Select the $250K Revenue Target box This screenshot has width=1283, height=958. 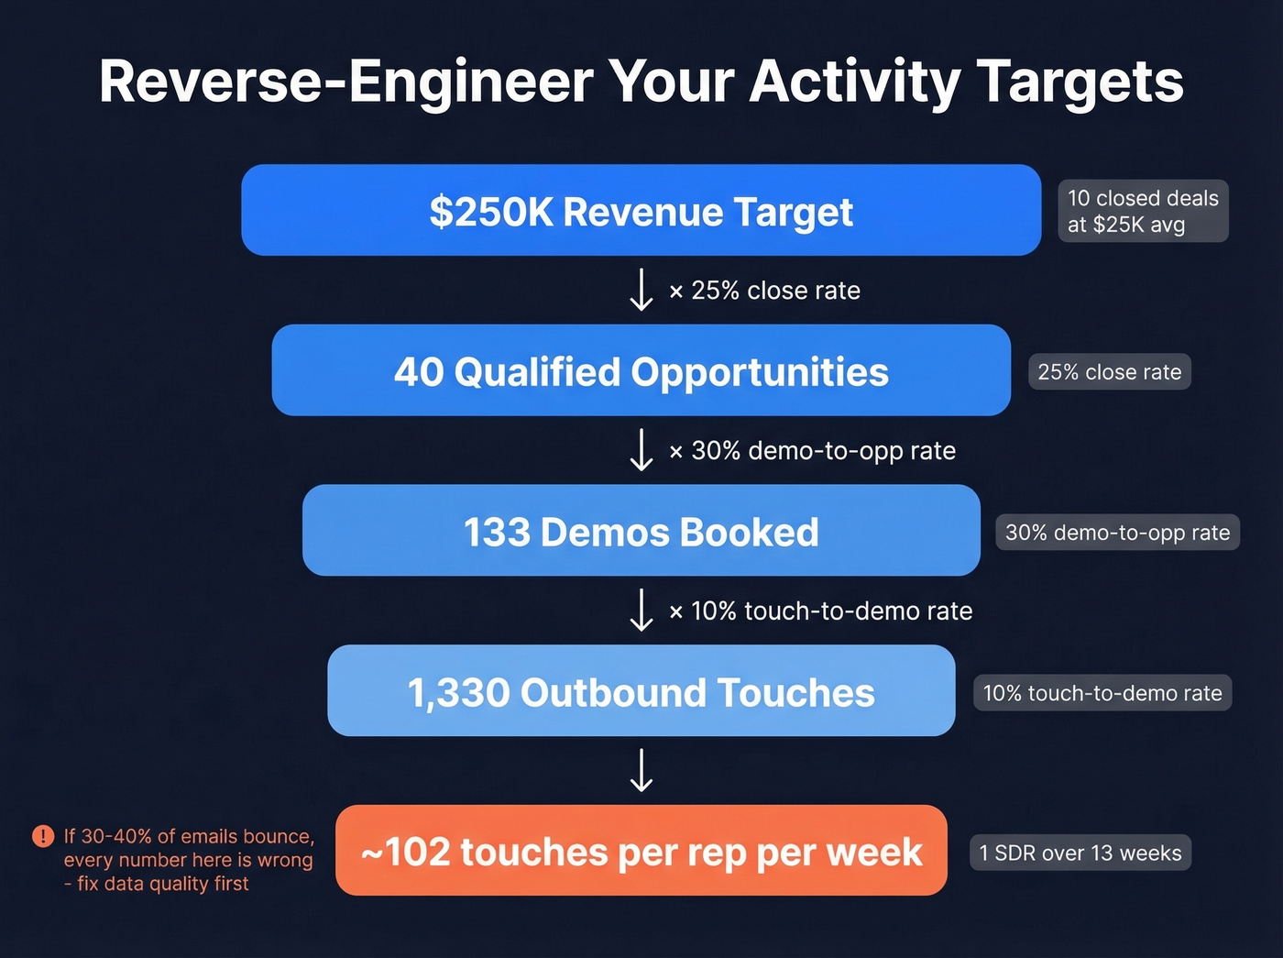(x=641, y=211)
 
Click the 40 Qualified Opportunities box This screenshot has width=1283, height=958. (x=641, y=371)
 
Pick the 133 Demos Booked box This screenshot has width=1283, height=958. (x=641, y=532)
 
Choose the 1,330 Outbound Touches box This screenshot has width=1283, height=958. (x=641, y=692)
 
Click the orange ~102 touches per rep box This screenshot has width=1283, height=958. (x=641, y=852)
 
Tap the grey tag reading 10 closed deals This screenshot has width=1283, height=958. (x=1143, y=211)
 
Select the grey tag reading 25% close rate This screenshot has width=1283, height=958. (x=1109, y=372)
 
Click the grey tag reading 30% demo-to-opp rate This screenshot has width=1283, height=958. (x=1117, y=533)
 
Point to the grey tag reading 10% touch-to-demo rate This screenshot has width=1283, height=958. (x=1102, y=693)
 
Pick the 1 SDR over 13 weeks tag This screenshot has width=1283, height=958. (x=1080, y=853)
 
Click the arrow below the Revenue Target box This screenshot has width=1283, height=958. (x=641, y=290)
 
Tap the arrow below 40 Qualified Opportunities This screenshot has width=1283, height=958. (x=641, y=450)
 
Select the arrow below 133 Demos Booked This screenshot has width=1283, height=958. (x=641, y=611)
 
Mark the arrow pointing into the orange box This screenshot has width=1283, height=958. (x=641, y=770)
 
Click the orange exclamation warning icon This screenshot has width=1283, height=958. (x=43, y=836)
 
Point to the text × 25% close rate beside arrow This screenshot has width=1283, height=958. (x=765, y=291)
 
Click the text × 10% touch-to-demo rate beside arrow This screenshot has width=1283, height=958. (x=821, y=611)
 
